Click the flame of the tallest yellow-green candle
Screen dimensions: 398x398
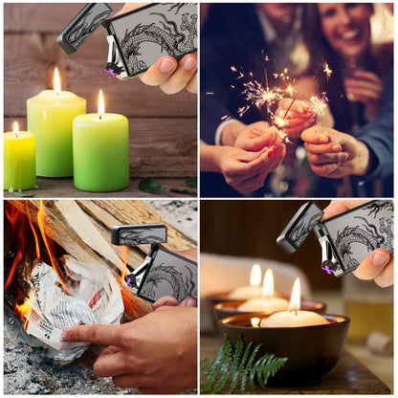click(56, 80)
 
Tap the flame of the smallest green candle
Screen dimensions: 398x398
click(15, 127)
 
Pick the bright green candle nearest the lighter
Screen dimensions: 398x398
click(100, 151)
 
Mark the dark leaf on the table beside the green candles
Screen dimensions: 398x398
click(150, 185)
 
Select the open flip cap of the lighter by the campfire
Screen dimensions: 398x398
click(138, 234)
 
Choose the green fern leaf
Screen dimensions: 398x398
click(243, 364)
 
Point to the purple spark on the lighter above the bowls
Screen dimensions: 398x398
click(328, 269)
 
